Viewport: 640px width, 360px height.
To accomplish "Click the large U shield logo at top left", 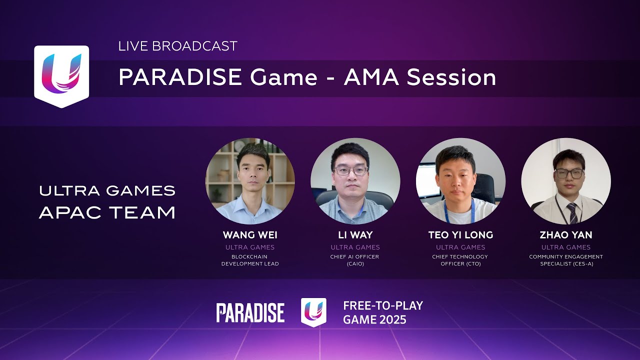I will tap(61, 76).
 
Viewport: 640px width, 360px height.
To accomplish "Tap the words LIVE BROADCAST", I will tap(177, 46).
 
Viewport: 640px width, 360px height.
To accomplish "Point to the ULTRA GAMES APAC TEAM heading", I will tap(107, 201).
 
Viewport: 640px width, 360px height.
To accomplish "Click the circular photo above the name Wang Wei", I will tap(250, 181).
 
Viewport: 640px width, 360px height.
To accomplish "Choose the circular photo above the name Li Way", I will tap(355, 181).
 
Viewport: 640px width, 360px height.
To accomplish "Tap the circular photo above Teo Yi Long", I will tap(460, 181).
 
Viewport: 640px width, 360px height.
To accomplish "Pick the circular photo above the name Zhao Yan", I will tap(566, 181).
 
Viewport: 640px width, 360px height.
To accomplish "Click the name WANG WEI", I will tap(250, 235).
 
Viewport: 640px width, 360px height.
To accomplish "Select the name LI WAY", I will tap(355, 235).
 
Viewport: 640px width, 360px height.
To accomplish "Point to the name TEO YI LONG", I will tap(460, 235).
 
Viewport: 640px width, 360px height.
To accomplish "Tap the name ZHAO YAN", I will tap(566, 235).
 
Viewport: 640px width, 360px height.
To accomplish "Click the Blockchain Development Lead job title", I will tap(250, 260).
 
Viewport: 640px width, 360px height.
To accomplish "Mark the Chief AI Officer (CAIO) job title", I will tap(355, 260).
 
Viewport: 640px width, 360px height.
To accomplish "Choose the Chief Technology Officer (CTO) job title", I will tap(460, 260).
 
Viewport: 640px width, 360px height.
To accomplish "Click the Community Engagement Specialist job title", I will tap(566, 260).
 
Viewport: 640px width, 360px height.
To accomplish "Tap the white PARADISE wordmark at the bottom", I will tap(250, 312).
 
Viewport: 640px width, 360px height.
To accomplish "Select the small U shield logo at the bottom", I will tap(313, 312).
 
